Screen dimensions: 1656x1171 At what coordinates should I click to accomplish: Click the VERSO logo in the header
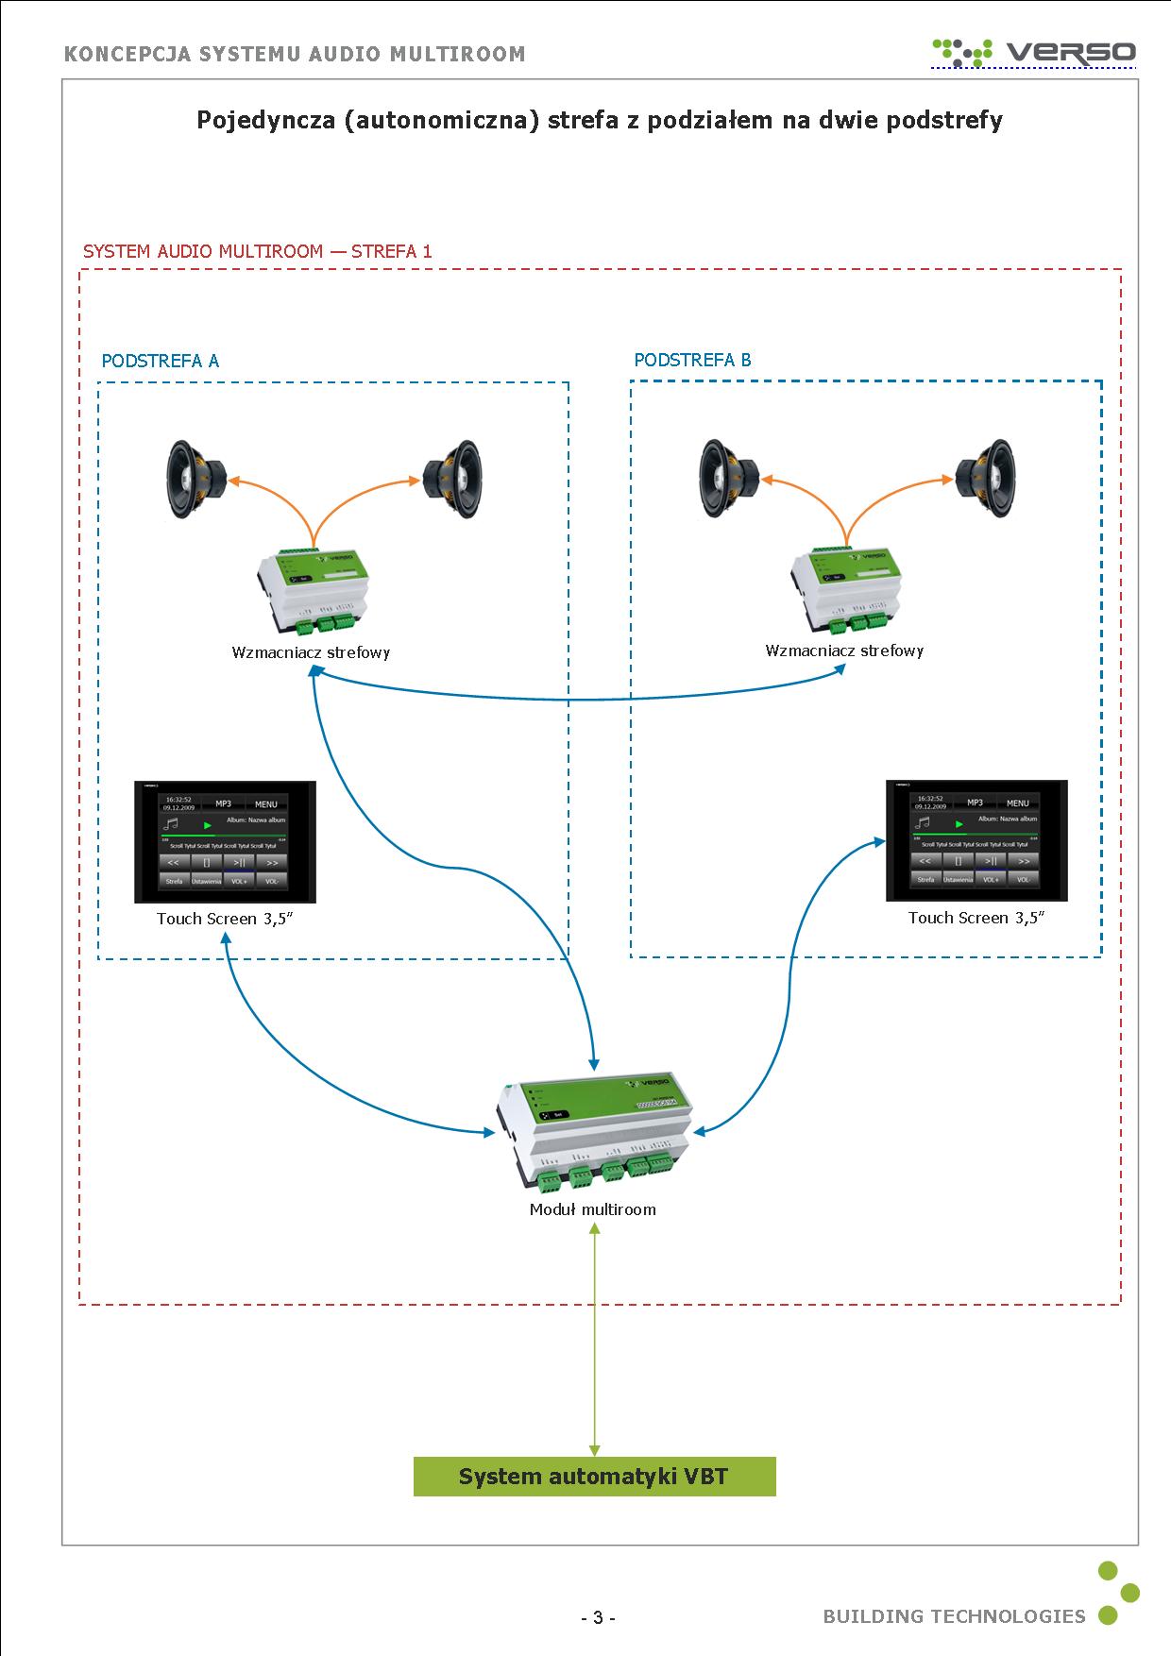pyautogui.click(x=1035, y=51)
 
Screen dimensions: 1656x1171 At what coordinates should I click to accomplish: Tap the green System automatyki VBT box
pyautogui.click(x=594, y=1476)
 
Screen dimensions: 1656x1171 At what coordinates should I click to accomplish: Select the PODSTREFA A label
pyautogui.click(x=161, y=361)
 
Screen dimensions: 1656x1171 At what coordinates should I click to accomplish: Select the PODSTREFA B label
pyautogui.click(x=692, y=360)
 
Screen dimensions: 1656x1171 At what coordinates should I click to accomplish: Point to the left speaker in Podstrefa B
pyautogui.click(x=730, y=479)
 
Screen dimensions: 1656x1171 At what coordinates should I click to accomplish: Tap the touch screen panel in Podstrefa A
pyautogui.click(x=225, y=842)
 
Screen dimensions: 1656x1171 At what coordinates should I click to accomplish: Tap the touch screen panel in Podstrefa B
pyautogui.click(x=976, y=840)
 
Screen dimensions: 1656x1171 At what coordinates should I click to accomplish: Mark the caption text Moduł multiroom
pyautogui.click(x=592, y=1209)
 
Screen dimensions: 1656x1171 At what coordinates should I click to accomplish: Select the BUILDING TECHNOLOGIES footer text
pyautogui.click(x=954, y=1616)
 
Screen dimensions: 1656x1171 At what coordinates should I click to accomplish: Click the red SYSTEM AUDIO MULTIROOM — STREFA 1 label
pyautogui.click(x=257, y=251)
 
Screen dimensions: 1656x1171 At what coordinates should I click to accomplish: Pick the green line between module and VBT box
pyautogui.click(x=594, y=1341)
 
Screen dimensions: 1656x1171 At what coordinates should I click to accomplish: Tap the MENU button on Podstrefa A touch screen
pyautogui.click(x=266, y=804)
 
